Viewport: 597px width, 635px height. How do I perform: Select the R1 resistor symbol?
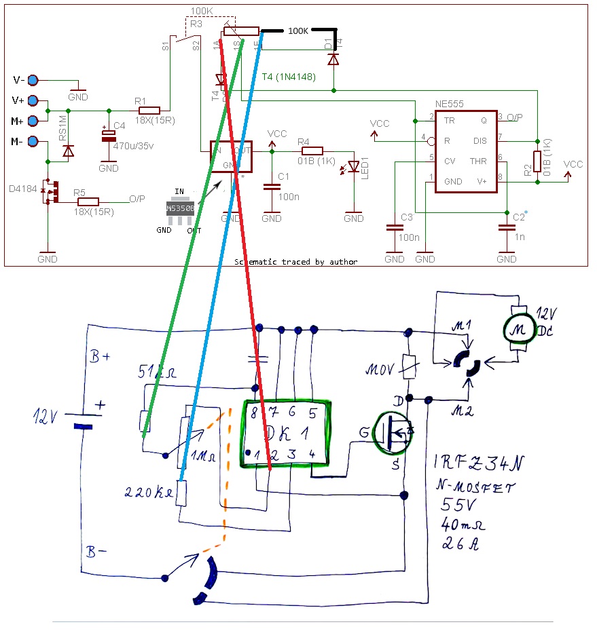[149, 111]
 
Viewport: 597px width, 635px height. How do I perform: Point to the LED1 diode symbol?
[353, 167]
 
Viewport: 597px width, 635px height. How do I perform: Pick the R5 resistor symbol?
[88, 201]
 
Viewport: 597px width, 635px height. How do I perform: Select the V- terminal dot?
[32, 80]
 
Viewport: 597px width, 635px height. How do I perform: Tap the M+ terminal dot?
[32, 121]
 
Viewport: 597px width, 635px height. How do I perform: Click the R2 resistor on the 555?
[537, 161]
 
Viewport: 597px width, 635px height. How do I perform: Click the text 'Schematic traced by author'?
[295, 261]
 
